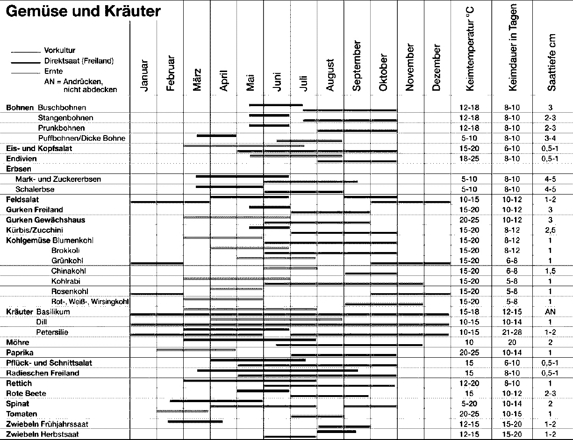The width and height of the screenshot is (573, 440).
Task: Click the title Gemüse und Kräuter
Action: [x=83, y=11]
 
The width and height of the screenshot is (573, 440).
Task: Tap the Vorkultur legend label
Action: [x=60, y=50]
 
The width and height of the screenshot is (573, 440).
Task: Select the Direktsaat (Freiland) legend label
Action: [x=79, y=61]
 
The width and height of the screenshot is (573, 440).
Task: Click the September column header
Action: [x=357, y=66]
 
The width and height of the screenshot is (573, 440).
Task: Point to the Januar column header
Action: [x=144, y=76]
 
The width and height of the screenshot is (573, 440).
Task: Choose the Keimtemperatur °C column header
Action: [x=470, y=49]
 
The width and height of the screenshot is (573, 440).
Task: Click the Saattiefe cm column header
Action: [x=552, y=63]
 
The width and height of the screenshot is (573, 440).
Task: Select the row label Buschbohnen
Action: [x=62, y=108]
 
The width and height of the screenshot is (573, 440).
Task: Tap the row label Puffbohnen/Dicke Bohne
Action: [x=82, y=138]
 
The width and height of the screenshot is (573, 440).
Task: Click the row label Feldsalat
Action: [x=22, y=199]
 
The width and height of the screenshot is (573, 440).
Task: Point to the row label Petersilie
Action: [x=52, y=332]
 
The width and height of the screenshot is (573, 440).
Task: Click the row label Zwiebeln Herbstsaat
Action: [x=43, y=434]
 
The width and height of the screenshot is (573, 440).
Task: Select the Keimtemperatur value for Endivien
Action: [x=469, y=159]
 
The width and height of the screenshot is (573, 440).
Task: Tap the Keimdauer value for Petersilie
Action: [x=512, y=332]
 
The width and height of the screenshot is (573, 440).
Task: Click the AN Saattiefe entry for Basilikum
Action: [x=550, y=312]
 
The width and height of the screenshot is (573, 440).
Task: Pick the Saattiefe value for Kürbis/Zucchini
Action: [x=550, y=231]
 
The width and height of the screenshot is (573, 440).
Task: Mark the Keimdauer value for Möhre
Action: [x=512, y=342]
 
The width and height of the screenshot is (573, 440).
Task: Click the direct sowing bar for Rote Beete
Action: [x=263, y=391]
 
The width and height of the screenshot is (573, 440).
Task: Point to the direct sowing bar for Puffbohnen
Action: [x=216, y=136]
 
